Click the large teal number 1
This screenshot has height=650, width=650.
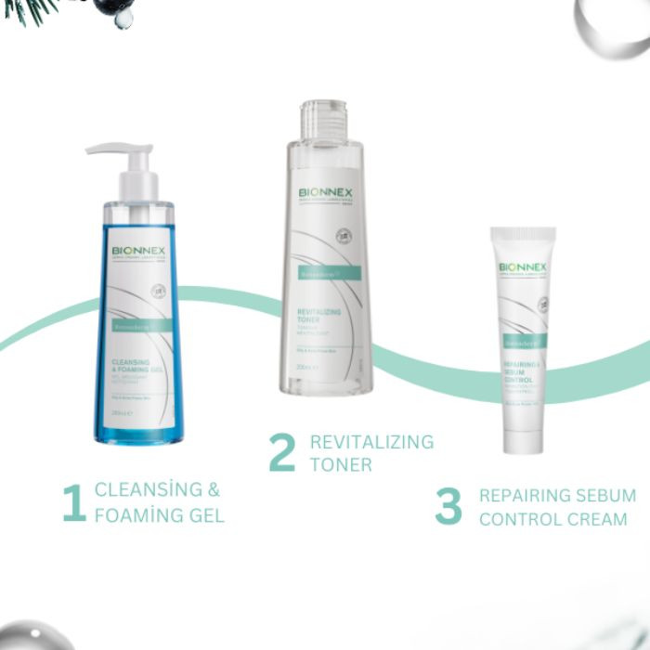pos(74,502)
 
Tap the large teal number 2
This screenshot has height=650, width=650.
pos(281,452)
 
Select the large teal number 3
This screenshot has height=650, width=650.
pos(448,506)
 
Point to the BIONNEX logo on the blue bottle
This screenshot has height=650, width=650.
pos(137,251)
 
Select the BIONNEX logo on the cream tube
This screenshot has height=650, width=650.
pos(523,267)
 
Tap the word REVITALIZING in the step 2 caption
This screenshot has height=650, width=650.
pos(371,442)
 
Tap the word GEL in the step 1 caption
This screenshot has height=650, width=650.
pos(204,514)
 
